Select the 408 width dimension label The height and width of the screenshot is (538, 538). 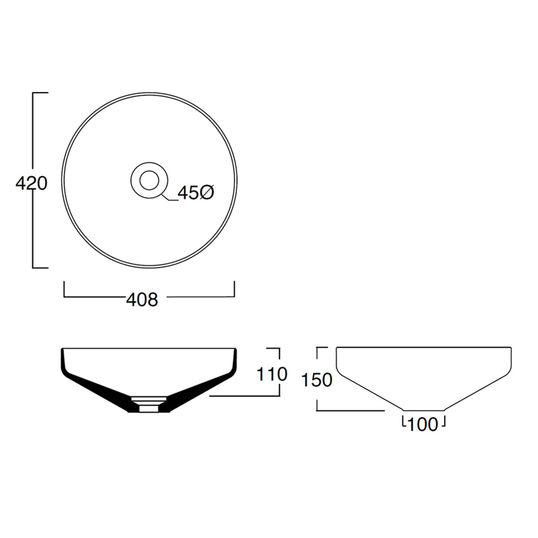click(142, 299)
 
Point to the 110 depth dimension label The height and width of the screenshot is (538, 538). click(272, 374)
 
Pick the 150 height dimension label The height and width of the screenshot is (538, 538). click(317, 380)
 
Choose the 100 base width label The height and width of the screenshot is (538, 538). click(423, 424)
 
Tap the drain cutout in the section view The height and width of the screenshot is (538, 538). click(149, 404)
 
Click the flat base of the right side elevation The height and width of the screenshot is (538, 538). click(423, 410)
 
